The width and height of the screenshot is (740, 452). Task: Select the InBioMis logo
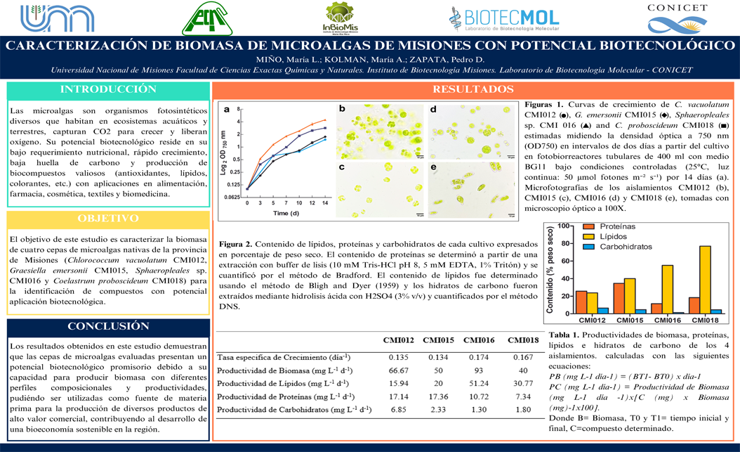tap(341, 18)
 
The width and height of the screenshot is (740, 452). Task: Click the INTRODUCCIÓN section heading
tap(108, 89)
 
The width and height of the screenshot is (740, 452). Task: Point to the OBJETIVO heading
tap(108, 219)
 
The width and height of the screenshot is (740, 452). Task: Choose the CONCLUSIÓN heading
tap(108, 326)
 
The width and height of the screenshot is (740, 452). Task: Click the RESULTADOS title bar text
tap(473, 89)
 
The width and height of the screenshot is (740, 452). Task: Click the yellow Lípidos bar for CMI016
tap(667, 289)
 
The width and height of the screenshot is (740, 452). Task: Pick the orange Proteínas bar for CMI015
tap(619, 298)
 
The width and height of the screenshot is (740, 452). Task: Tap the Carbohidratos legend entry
tap(617, 247)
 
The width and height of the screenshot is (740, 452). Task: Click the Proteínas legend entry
tap(610, 227)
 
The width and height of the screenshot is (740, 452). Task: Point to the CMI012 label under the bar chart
tap(592, 321)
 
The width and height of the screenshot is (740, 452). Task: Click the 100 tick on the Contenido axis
tap(563, 226)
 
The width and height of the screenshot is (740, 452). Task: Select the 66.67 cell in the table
tap(399, 370)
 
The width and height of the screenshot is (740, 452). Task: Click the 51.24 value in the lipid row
tap(478, 383)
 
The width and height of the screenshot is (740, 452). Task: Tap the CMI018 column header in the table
tap(523, 341)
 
